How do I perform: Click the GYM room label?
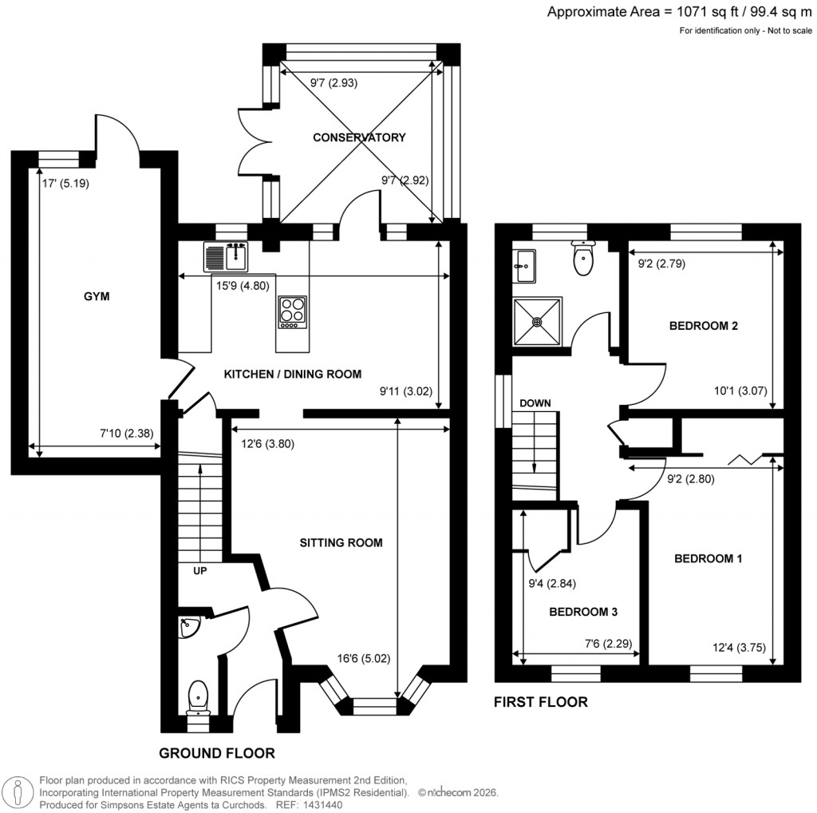(x=97, y=297)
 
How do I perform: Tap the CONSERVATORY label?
(x=359, y=137)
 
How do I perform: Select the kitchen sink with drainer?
(x=227, y=256)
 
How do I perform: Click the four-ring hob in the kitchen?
(x=291, y=311)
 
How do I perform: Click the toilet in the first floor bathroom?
(x=584, y=257)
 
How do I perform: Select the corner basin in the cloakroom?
(x=189, y=629)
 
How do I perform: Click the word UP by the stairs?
(x=200, y=571)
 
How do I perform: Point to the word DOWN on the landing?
(x=535, y=403)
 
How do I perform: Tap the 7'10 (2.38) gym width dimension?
(x=127, y=434)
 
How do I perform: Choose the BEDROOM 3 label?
(x=583, y=612)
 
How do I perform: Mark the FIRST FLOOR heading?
(x=541, y=703)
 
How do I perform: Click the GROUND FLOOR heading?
(x=217, y=753)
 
